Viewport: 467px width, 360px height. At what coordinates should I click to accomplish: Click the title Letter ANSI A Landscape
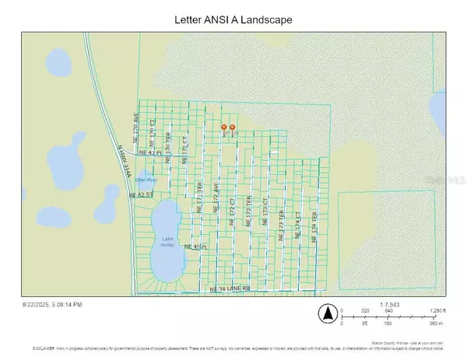coord(233,19)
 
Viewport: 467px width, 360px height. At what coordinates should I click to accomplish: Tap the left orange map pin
coord(224,128)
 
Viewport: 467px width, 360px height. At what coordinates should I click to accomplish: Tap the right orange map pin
coord(232,128)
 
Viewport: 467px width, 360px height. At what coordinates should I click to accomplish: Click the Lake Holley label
coord(168,241)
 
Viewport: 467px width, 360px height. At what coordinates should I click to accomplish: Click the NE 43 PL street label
coord(151,152)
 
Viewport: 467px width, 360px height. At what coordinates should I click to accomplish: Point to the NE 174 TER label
coord(314,225)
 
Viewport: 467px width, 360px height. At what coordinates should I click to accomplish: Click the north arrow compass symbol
coord(328,315)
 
